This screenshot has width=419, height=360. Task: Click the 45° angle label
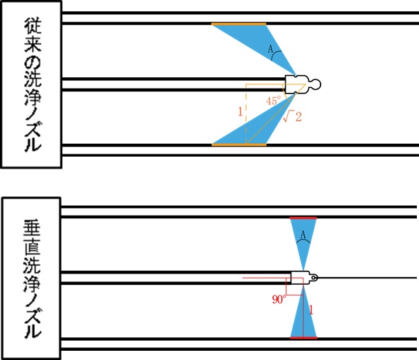point(274,101)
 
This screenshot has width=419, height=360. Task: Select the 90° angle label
point(279,299)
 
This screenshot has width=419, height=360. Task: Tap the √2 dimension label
point(292,117)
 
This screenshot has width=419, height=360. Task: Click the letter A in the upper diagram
point(270,49)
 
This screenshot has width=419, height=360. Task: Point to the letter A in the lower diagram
point(303,235)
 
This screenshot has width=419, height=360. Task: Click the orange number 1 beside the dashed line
point(240,112)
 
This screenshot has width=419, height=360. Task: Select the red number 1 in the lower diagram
point(311,310)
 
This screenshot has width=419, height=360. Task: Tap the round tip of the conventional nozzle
point(316,84)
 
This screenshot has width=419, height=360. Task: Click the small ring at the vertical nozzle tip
point(314,278)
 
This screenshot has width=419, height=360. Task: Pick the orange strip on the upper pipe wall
point(239,24)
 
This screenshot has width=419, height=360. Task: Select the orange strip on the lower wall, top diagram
point(239,145)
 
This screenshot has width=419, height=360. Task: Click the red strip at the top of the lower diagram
point(303,218)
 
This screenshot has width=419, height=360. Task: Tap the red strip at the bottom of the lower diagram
point(303,338)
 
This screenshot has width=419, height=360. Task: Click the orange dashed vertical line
point(246,114)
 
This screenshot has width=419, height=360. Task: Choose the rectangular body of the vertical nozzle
point(300,278)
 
